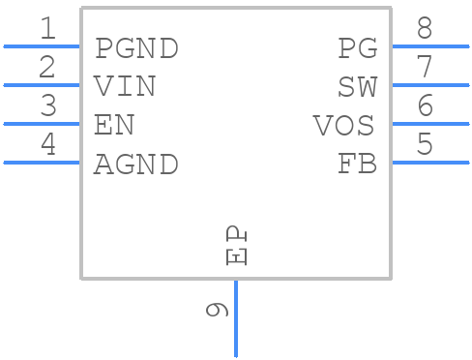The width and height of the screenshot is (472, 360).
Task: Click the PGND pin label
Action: click(x=136, y=47)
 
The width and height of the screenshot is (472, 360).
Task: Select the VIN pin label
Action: click(x=125, y=86)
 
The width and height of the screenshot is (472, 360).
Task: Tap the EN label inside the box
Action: click(x=113, y=125)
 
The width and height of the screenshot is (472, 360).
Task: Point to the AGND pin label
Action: click(x=136, y=165)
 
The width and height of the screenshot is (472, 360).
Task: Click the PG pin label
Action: click(x=357, y=47)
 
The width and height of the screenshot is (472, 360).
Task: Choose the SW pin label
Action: click(x=357, y=86)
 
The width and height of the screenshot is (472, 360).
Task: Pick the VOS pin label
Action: click(x=343, y=125)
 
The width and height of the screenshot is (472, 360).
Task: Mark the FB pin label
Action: click(x=357, y=165)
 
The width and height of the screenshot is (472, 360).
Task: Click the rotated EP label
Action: click(x=237, y=246)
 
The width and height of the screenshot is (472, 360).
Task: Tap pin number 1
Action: click(x=47, y=29)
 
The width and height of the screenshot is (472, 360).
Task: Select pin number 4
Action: click(x=47, y=145)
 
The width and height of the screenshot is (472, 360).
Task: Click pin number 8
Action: click(x=425, y=29)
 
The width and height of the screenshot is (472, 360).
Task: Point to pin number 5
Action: click(x=425, y=145)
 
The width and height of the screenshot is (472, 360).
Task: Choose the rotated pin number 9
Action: click(x=218, y=310)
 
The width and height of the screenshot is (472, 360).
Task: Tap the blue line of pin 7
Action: click(x=430, y=85)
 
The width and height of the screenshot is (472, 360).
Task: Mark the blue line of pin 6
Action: click(x=430, y=124)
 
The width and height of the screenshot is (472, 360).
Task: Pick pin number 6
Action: click(x=425, y=106)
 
